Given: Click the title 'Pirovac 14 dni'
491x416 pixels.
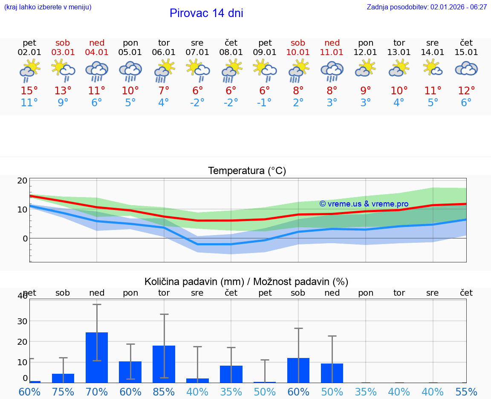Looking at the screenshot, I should pyautogui.click(x=206, y=13).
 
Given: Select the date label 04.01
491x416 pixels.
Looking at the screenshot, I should pyautogui.click(x=97, y=52).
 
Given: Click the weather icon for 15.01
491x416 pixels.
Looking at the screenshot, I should pyautogui.click(x=466, y=69).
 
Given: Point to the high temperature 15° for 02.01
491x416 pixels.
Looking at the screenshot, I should pyautogui.click(x=29, y=91).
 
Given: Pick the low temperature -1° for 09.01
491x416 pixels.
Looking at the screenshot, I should pyautogui.click(x=265, y=103).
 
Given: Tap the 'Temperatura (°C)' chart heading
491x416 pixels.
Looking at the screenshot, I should pyautogui.click(x=247, y=171).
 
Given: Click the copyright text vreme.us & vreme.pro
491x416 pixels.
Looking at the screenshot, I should pyautogui.click(x=364, y=204).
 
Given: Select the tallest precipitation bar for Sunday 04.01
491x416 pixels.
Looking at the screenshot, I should pyautogui.click(x=97, y=358).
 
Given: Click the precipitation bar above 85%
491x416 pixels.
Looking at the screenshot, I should pyautogui.click(x=164, y=364).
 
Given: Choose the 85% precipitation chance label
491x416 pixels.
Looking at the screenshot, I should pyautogui.click(x=164, y=392).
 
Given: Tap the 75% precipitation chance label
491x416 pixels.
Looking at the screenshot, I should pyautogui.click(x=63, y=392).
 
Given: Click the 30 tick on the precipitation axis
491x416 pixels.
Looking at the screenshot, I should pyautogui.click(x=22, y=321).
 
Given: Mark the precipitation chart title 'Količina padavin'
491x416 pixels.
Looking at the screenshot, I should pyautogui.click(x=193, y=282).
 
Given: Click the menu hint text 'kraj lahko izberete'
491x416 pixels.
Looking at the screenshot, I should pyautogui.click(x=48, y=7).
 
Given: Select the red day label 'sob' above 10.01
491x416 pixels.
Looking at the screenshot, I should pyautogui.click(x=298, y=43).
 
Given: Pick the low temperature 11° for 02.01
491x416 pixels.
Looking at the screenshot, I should pyautogui.click(x=29, y=103).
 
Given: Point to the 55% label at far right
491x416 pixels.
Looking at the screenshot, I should pyautogui.click(x=466, y=392).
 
